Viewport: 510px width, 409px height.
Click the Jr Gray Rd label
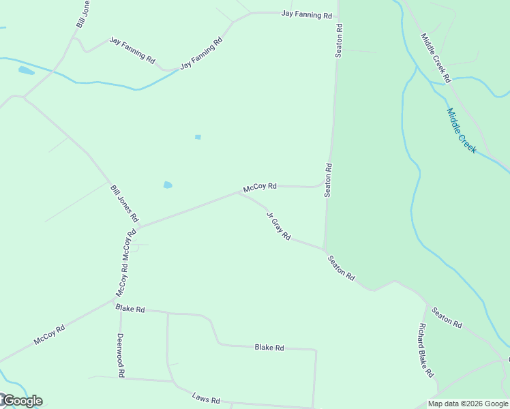click(278, 226)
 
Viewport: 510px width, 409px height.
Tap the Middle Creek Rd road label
click(436, 58)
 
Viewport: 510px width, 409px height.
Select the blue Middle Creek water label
click(462, 130)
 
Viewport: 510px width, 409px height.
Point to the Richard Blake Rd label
click(426, 350)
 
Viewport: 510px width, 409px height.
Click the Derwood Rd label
click(120, 355)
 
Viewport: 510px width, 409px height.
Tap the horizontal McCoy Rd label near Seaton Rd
click(260, 186)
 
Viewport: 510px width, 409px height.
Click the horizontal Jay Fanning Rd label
click(306, 14)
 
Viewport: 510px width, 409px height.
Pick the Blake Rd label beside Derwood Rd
click(130, 309)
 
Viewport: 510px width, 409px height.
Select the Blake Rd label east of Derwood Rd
click(269, 348)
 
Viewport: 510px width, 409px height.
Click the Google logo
click(22, 401)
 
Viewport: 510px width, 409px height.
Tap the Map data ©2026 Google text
click(468, 404)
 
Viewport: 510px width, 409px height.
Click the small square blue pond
click(198, 137)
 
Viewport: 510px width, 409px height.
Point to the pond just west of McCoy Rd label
click(167, 185)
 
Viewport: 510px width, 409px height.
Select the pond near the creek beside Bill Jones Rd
click(26, 70)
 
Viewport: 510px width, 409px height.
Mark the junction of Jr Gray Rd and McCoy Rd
click(239, 193)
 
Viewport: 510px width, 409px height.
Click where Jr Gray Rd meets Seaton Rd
click(325, 249)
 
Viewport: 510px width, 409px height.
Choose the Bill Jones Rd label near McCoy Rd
click(124, 204)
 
